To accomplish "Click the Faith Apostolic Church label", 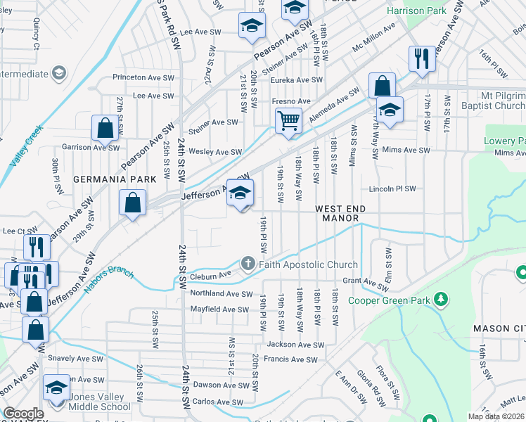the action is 309,264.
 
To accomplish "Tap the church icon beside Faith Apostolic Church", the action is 248,264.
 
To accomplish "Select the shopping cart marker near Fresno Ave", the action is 288,121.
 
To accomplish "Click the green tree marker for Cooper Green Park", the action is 441,300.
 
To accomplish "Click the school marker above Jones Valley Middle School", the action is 57,388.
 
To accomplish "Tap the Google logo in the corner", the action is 23,414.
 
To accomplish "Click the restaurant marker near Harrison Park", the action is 422,59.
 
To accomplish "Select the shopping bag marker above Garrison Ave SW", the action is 105,128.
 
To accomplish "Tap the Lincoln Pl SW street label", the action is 393,189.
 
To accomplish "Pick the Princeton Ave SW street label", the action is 143,77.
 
